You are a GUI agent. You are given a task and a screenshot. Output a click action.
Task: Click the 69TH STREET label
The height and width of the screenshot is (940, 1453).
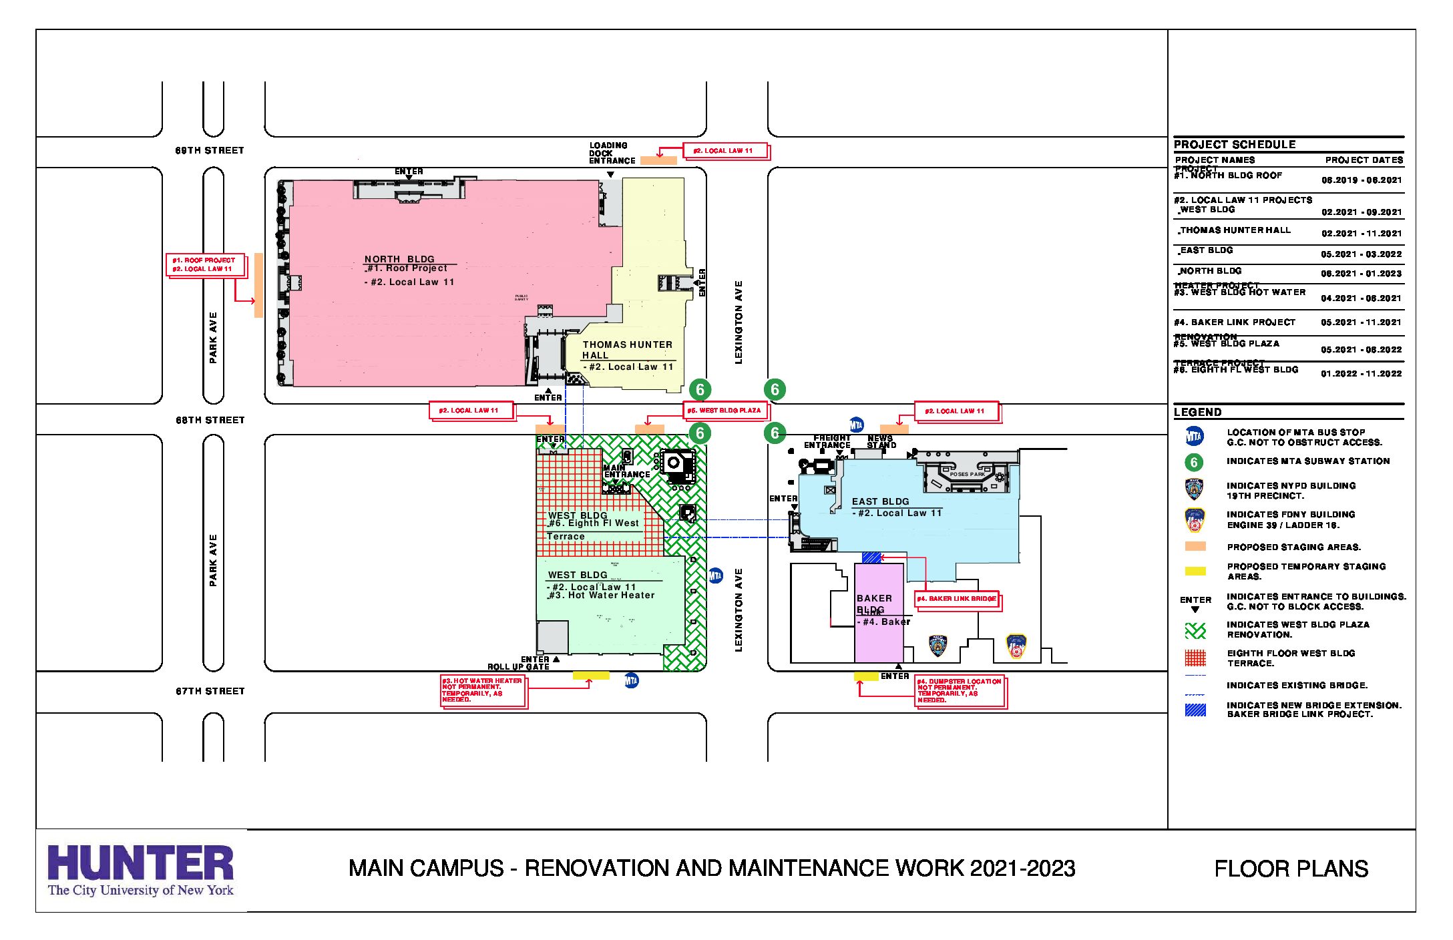tap(210, 151)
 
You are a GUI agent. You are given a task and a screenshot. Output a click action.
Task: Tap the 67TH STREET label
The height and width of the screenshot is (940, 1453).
tap(210, 692)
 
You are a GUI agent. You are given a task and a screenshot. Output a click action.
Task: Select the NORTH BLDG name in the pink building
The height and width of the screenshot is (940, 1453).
tap(399, 259)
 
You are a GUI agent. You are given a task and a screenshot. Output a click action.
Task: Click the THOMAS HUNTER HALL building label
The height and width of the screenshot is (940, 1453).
tap(626, 350)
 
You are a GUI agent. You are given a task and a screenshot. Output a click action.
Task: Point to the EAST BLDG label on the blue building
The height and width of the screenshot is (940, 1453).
tap(880, 501)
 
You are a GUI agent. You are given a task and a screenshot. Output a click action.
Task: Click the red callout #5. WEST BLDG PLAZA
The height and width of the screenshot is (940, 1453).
tap(724, 411)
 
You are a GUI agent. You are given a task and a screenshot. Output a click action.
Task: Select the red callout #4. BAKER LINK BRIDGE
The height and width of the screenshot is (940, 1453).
tap(956, 599)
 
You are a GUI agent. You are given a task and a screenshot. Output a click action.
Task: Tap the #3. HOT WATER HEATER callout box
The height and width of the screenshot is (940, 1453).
tap(482, 690)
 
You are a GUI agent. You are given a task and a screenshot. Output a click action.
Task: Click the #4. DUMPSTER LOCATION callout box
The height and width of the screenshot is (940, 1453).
tap(959, 691)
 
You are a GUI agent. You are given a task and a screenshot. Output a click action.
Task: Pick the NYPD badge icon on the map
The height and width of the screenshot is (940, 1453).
tap(938, 646)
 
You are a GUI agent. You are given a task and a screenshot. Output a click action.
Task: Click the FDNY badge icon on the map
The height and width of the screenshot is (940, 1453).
tap(1016, 646)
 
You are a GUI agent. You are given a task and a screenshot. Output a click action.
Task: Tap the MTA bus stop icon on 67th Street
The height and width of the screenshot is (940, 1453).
tap(631, 681)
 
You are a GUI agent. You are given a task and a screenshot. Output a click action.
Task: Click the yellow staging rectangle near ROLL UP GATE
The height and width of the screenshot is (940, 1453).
tap(591, 676)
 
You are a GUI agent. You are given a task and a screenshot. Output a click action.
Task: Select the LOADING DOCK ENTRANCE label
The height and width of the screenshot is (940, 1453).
tap(611, 153)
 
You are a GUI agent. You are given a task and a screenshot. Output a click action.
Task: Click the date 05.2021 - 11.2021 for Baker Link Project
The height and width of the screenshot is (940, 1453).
tap(1361, 322)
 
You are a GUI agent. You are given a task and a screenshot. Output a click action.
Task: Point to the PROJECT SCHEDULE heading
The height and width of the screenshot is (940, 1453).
tap(1235, 144)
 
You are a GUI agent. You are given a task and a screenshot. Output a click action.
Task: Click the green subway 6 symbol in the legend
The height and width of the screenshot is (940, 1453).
tap(1194, 462)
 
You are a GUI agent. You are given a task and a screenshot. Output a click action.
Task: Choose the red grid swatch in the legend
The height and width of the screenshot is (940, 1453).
tap(1195, 658)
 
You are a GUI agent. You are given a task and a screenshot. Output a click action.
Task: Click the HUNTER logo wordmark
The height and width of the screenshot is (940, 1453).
tap(140, 863)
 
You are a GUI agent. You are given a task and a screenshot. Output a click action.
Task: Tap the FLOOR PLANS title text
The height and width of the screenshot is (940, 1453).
tap(1291, 869)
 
